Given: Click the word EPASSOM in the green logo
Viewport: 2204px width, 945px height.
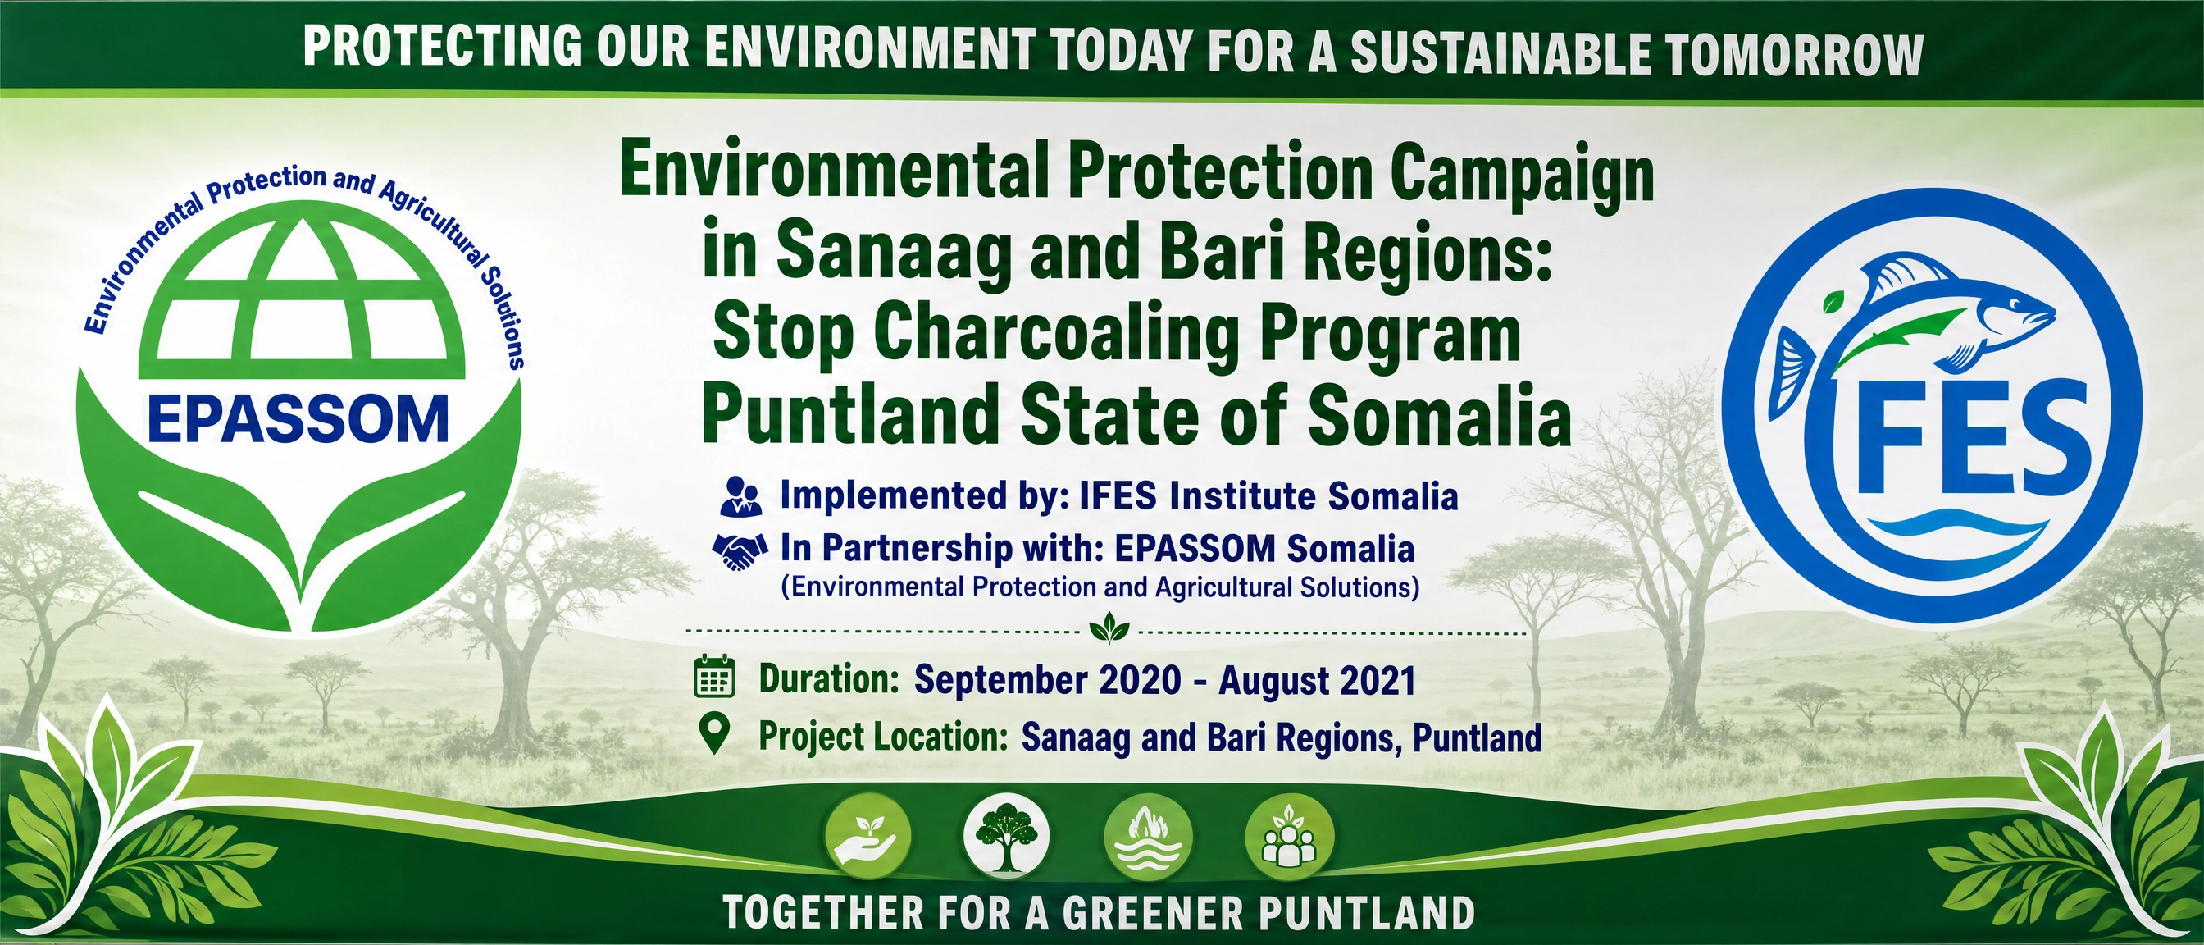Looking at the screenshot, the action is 298,419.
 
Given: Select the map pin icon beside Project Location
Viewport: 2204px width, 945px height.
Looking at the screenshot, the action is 713,734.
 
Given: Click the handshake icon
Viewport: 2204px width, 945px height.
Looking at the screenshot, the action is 740,550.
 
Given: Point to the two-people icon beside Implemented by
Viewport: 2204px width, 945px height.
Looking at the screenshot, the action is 741,496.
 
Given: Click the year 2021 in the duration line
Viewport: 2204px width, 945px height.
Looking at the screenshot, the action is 1377,681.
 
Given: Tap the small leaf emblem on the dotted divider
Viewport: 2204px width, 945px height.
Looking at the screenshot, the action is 1109,628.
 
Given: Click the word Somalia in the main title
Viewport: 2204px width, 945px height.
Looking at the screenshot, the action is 1440,416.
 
